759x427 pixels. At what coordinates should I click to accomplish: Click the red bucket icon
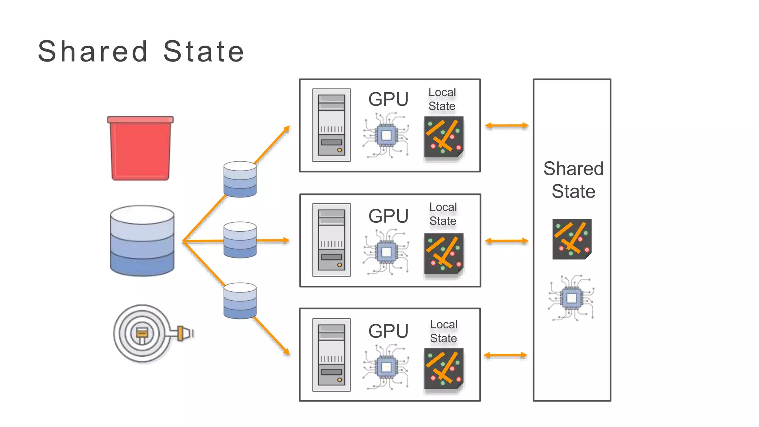click(x=140, y=148)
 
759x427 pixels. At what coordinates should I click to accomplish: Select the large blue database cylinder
click(x=142, y=241)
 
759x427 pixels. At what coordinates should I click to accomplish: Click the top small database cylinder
click(x=240, y=179)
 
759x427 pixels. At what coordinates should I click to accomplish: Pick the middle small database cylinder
click(x=240, y=240)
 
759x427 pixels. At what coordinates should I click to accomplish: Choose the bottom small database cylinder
click(x=240, y=301)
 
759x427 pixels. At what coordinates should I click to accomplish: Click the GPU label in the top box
click(x=388, y=99)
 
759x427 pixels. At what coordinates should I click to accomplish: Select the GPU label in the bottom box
click(x=388, y=331)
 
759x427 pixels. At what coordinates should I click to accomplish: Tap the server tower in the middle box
click(x=331, y=240)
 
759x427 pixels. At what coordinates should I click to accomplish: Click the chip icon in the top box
click(x=386, y=136)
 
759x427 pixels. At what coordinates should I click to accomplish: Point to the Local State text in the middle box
click(x=443, y=214)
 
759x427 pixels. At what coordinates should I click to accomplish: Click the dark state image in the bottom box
click(x=444, y=368)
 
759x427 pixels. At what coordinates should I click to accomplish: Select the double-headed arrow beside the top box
click(x=507, y=126)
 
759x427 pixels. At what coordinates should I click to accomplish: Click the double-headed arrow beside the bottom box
click(x=506, y=355)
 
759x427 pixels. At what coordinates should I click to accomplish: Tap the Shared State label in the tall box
click(x=573, y=180)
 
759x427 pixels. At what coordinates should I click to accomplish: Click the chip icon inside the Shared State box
click(x=571, y=298)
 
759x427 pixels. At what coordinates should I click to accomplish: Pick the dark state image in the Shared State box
click(x=571, y=239)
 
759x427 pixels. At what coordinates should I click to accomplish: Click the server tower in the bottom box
click(x=331, y=355)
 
